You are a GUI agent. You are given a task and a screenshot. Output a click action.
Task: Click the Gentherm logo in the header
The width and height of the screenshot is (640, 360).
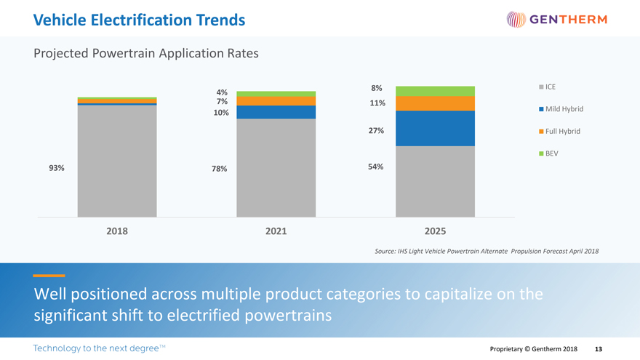[x=556, y=20]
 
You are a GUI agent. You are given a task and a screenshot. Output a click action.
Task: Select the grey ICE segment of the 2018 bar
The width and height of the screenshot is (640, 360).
[x=117, y=161]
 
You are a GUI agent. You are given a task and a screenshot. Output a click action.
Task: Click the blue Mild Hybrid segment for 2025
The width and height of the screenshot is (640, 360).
[x=435, y=128]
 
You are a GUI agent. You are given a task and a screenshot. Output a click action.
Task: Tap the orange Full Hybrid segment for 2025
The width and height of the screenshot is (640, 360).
[x=435, y=103]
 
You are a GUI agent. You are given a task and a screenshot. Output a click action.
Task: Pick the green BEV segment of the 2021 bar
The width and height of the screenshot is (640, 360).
[x=276, y=94]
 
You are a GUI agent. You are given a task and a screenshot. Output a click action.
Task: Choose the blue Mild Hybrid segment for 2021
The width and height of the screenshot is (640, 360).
[x=276, y=112]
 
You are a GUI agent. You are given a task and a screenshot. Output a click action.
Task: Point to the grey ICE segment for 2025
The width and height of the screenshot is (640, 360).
[x=435, y=181]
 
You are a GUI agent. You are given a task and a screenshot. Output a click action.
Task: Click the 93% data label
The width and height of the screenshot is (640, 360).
[x=56, y=168]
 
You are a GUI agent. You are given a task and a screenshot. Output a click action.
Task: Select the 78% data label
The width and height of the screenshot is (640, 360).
[x=219, y=169]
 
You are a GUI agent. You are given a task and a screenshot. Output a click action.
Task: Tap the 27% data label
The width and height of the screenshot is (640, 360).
[x=377, y=131]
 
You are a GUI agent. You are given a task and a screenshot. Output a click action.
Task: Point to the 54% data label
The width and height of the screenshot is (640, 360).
[x=377, y=167]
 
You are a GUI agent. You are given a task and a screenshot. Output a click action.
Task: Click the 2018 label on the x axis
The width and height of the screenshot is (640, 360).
[x=117, y=231]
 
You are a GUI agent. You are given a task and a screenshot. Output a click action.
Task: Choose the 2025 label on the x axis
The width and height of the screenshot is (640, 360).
[x=435, y=231]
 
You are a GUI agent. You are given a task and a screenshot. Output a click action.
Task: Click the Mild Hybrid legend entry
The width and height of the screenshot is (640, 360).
[x=561, y=109]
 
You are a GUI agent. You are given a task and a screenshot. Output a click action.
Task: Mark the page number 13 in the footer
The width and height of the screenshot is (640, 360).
[x=599, y=349]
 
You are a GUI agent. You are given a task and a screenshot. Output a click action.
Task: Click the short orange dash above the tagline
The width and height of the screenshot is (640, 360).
[x=49, y=276]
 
